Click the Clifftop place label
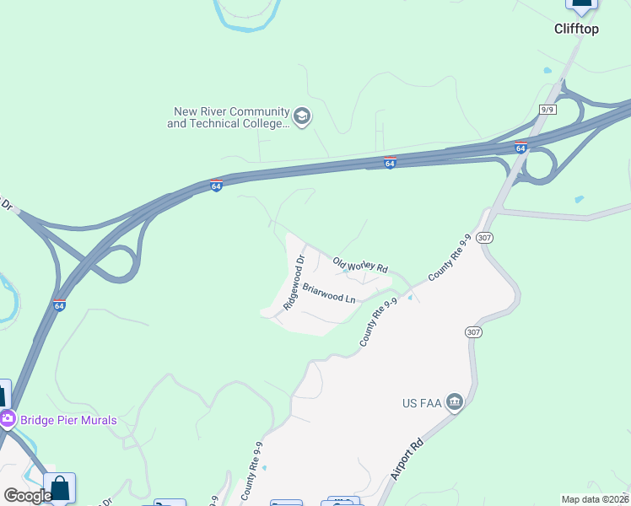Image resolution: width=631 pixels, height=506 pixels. (x=576, y=29)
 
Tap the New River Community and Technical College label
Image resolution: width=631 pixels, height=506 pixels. (x=228, y=117)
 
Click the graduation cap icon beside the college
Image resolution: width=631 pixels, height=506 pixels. (x=302, y=116)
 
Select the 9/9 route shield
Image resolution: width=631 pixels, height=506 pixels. (x=548, y=110)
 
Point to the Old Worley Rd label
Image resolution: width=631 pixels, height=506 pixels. (x=360, y=265)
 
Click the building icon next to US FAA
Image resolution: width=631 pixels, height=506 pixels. (x=455, y=401)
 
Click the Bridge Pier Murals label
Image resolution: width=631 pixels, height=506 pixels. (x=70, y=419)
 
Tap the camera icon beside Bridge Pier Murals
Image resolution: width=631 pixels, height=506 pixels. (x=8, y=418)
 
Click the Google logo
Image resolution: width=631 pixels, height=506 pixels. (x=28, y=495)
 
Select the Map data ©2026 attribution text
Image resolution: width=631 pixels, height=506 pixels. (x=594, y=499)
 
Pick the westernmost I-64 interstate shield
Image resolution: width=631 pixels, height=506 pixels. (x=58, y=304)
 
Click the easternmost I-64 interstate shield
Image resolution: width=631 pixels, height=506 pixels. (x=520, y=148)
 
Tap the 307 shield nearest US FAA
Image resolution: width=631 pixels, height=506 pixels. (x=474, y=333)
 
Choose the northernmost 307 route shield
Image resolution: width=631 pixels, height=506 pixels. (x=484, y=239)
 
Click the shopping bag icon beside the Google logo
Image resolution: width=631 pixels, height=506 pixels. (x=60, y=488)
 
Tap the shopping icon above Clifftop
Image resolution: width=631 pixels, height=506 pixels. (x=581, y=3)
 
